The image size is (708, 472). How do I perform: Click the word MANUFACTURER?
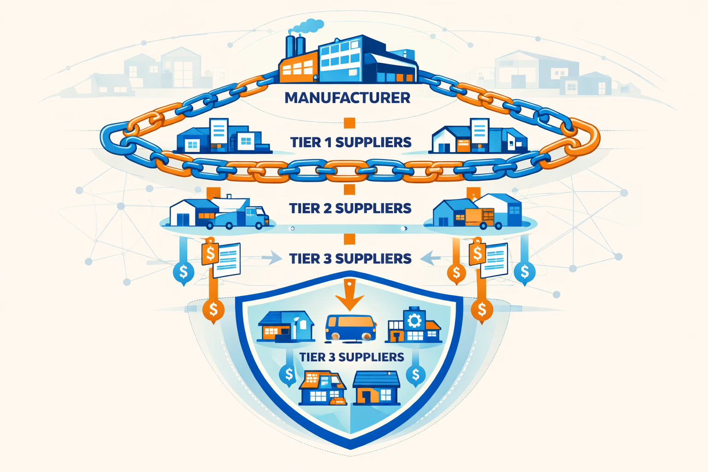click(348, 98)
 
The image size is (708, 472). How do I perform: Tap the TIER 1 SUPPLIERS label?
click(351, 142)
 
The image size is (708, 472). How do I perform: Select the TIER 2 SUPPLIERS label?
click(350, 208)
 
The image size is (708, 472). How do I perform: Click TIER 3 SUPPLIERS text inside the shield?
click(352, 357)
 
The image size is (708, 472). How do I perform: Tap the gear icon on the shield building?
click(413, 320)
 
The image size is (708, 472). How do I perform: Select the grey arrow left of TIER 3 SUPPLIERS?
click(272, 258)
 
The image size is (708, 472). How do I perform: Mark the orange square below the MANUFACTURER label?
click(349, 123)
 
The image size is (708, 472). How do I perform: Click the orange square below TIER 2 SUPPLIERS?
click(349, 239)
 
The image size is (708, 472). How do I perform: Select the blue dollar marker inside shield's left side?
click(289, 374)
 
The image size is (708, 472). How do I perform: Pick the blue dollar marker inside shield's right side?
click(415, 375)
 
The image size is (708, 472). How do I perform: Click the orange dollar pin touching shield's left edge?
click(213, 309)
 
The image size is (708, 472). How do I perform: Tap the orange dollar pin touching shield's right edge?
click(482, 309)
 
